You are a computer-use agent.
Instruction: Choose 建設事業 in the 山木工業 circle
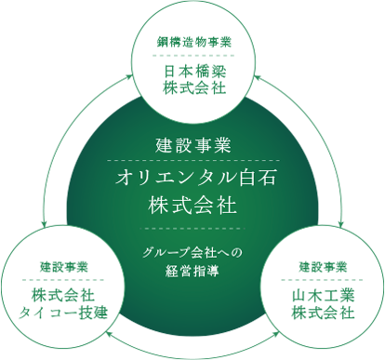click(323, 266)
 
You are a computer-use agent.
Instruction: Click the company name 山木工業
click(323, 295)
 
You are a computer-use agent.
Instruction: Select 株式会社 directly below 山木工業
click(323, 313)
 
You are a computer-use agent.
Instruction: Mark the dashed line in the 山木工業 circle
click(323, 279)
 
